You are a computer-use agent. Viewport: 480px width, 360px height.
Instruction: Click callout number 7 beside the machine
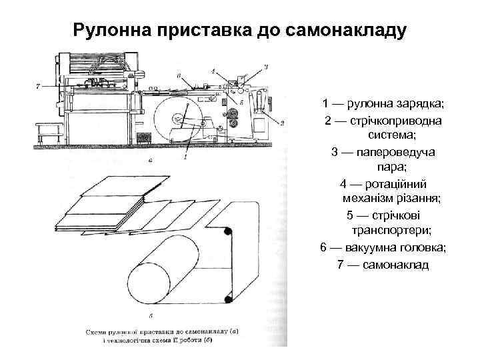39,86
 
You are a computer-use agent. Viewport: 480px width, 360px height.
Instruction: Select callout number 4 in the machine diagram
212,71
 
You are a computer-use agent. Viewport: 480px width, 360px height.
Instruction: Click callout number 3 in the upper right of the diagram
265,66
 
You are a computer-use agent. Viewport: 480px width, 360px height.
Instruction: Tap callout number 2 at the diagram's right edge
283,123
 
